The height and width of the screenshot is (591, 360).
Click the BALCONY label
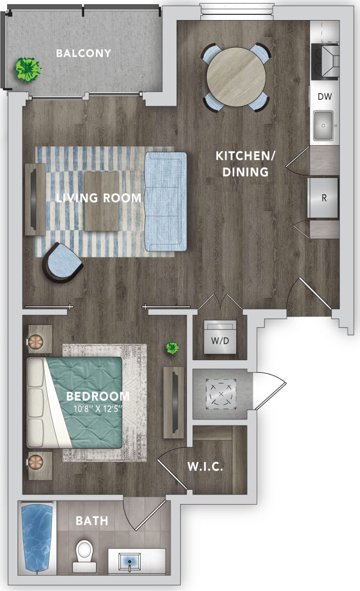click(x=84, y=53)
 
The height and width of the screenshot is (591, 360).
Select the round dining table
click(x=236, y=77)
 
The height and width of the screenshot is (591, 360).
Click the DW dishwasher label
click(x=324, y=97)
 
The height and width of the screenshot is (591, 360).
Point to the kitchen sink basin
click(x=325, y=124)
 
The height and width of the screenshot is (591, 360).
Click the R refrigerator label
click(x=324, y=198)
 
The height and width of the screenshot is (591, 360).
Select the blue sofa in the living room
click(x=165, y=201)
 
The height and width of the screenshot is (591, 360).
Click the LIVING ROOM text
click(x=99, y=198)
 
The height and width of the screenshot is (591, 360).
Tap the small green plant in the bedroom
click(x=172, y=349)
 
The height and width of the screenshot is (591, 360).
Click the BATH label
click(x=92, y=521)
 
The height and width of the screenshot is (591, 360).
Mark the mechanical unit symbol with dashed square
click(x=221, y=394)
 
